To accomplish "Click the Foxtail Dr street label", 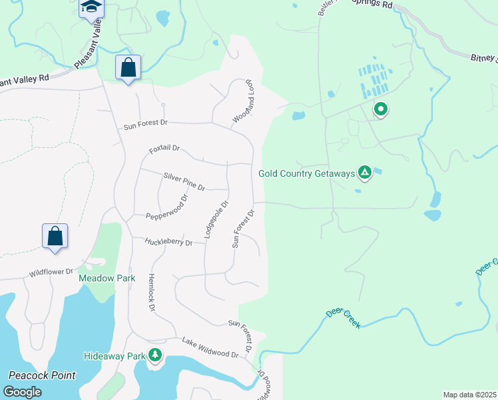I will (164, 149).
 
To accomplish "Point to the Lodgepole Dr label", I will (216, 220).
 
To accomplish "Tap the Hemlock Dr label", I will (151, 293).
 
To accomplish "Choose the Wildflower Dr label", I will (49, 273).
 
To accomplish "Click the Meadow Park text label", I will (107, 278).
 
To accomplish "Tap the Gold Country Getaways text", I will (306, 173).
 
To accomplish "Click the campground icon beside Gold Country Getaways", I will (365, 173).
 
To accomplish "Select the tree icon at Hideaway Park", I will (155, 355).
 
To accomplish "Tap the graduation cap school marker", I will (91, 7).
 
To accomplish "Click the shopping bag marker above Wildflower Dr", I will (55, 236).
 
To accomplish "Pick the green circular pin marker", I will (380, 109).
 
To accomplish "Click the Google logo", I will (22, 391).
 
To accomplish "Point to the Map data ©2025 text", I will (469, 395).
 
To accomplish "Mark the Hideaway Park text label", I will (115, 356).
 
